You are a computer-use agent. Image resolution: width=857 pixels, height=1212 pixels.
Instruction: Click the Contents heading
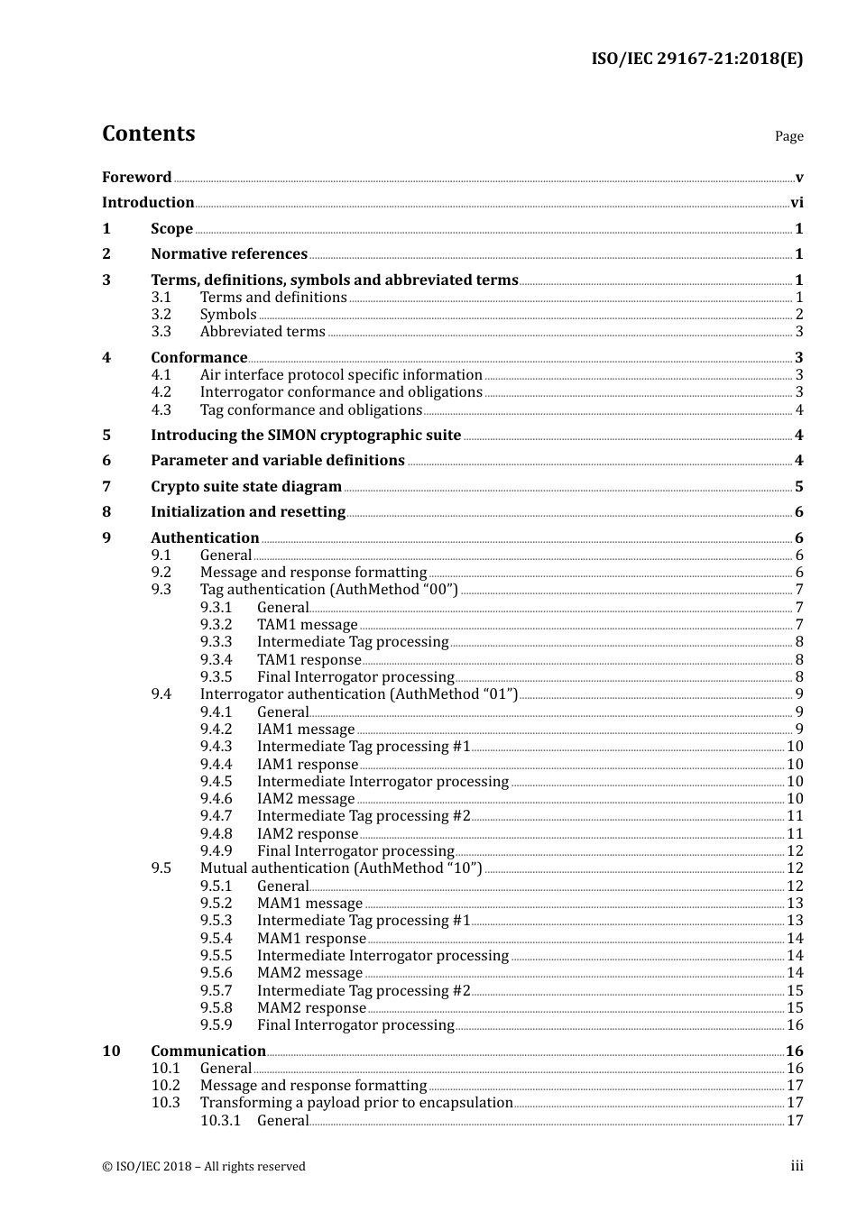pos(148,133)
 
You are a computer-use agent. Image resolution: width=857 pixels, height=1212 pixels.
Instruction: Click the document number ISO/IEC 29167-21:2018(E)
pos(696,59)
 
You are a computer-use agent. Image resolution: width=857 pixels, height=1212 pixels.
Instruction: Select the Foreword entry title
pos(136,178)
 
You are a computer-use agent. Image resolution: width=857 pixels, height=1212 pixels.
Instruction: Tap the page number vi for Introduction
pos(797,203)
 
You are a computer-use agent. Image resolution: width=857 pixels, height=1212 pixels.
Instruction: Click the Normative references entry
pos(229,254)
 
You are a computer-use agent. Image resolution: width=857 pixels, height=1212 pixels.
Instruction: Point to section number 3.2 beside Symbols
pos(161,315)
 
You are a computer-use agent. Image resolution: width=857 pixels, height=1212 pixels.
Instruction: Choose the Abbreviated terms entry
pos(263,332)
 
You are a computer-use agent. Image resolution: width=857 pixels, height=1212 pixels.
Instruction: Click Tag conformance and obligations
pos(310,410)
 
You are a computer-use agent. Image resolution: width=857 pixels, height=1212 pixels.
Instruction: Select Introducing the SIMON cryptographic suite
pos(306,436)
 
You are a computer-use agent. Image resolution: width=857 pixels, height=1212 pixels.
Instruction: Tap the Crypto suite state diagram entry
pos(246,487)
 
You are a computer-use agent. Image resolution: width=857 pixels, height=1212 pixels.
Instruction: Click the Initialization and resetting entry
pos(248,512)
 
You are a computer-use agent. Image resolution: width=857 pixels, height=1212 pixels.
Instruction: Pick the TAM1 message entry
pos(308,625)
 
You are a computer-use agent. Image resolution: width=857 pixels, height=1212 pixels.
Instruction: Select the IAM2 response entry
pos(308,834)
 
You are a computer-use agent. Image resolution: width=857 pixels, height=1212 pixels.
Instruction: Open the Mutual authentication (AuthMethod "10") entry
pos(341,868)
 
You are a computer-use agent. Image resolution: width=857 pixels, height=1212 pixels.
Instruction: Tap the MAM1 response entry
pos(311,939)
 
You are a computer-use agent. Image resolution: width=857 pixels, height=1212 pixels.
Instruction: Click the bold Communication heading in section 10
pos(208,1051)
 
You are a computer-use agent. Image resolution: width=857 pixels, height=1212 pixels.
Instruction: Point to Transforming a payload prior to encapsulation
pos(356,1103)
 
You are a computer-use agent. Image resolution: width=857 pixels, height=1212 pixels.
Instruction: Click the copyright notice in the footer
pos(204,1167)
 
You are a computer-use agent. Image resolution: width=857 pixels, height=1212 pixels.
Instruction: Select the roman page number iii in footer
pos(797,1166)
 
